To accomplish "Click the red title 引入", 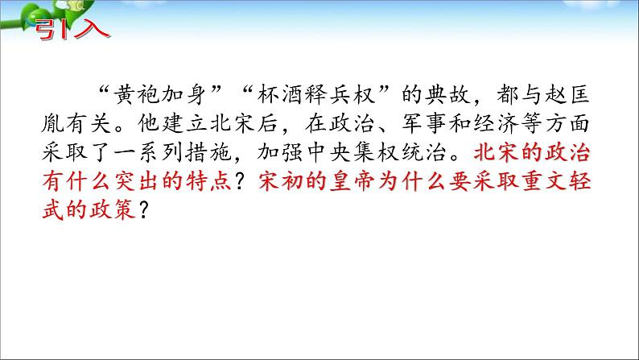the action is [x=72, y=29].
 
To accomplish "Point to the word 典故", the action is [x=448, y=95].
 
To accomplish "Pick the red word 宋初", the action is [x=280, y=181].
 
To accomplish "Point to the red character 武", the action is [x=52, y=209].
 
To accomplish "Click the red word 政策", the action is [x=113, y=209].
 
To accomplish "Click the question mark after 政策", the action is [x=143, y=210].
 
